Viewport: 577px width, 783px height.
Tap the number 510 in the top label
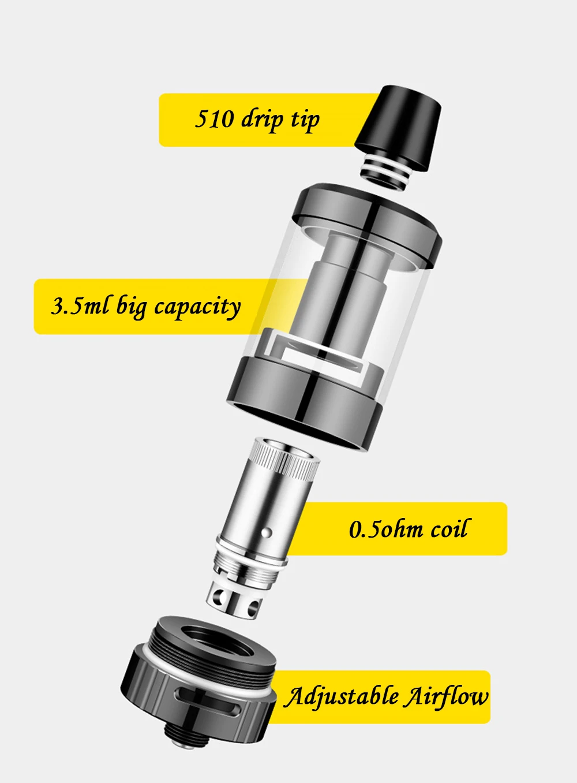pyautogui.click(x=215, y=118)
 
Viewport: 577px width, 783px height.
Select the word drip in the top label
pyautogui.click(x=263, y=120)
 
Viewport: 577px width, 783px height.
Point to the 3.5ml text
pyautogui.click(x=80, y=305)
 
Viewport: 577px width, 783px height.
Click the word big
pyautogui.click(x=131, y=306)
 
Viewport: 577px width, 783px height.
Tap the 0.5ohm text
pyautogui.click(x=386, y=530)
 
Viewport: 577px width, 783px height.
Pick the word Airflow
pyautogui.click(x=445, y=696)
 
